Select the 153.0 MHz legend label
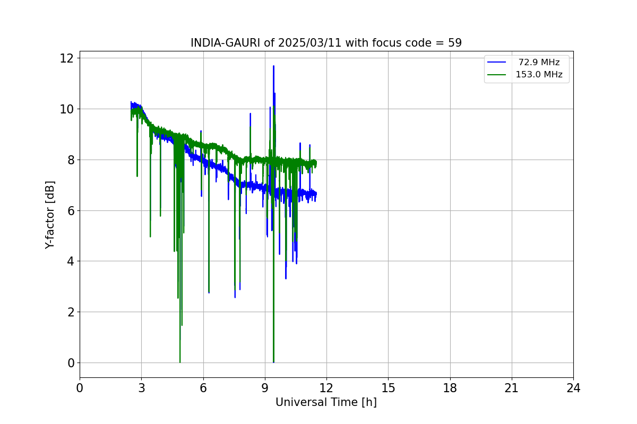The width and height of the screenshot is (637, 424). point(539,75)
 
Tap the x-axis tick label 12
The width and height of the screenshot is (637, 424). point(326,388)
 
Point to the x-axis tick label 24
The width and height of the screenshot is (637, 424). point(573,388)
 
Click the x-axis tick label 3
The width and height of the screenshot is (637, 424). point(141,388)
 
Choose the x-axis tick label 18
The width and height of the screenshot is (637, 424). point(450,388)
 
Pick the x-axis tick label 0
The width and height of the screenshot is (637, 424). point(80,388)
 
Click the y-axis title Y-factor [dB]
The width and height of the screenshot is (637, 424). point(50,214)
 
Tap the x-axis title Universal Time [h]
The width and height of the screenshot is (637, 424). point(326,402)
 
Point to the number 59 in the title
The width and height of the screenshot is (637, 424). point(455,43)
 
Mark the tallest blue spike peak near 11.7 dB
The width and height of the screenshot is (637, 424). point(273,66)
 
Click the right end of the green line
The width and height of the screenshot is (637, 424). point(316,163)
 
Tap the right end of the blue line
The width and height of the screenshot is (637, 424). point(316,193)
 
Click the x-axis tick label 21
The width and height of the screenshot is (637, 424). point(512,388)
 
